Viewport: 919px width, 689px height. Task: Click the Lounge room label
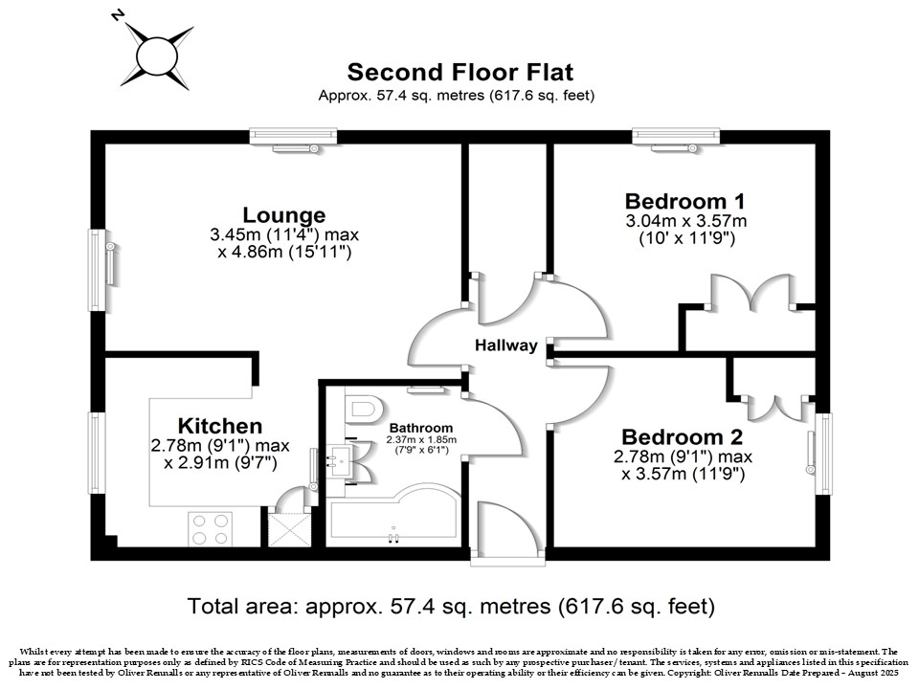click(x=284, y=215)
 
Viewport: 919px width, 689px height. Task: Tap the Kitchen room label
click(x=220, y=425)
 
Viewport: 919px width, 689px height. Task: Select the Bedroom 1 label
click(x=685, y=201)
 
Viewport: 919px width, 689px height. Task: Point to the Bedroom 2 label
click(x=683, y=436)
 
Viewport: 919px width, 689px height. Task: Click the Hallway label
click(x=505, y=345)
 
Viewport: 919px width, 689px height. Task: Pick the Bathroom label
click(x=421, y=429)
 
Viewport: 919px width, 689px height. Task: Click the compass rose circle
click(x=157, y=56)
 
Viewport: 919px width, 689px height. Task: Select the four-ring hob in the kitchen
click(x=211, y=529)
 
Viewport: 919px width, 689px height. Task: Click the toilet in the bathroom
click(x=364, y=408)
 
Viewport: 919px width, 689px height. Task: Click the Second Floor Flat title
click(x=460, y=72)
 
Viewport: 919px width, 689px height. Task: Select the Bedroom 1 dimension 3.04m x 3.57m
click(x=685, y=221)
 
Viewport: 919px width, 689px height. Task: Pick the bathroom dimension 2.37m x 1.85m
click(x=421, y=439)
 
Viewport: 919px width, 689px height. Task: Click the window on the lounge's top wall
click(x=293, y=137)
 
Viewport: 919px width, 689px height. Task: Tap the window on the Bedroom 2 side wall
click(x=824, y=454)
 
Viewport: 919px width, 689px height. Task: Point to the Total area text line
click(x=451, y=606)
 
